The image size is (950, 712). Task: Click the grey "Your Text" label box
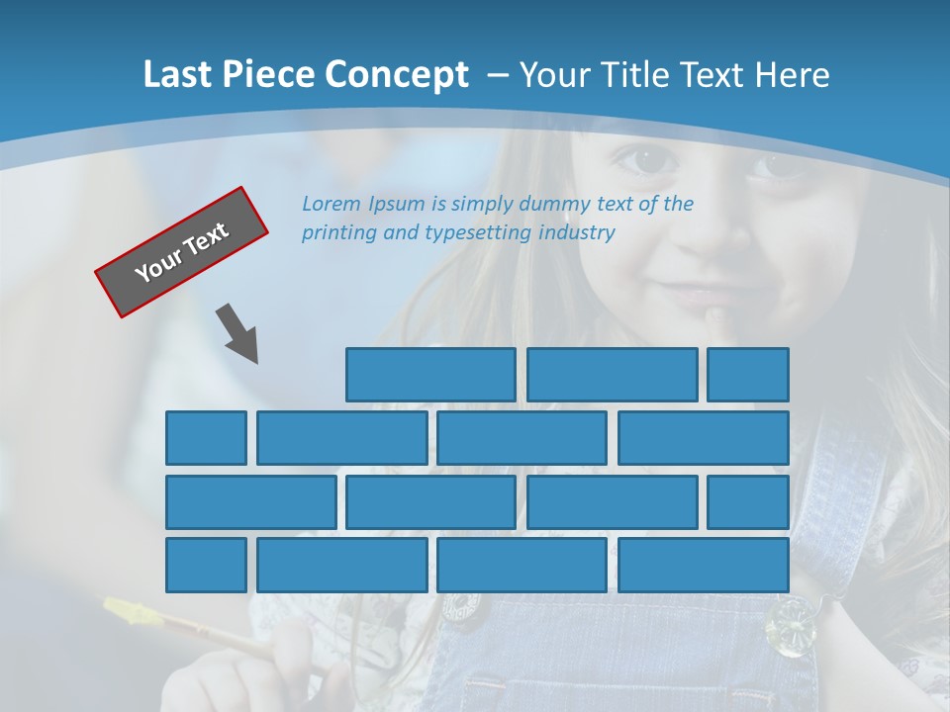(x=182, y=252)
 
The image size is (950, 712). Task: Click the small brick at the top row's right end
(x=748, y=375)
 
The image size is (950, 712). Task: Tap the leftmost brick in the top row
(x=430, y=375)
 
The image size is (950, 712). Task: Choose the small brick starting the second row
(x=206, y=438)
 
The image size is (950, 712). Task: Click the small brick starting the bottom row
(x=206, y=566)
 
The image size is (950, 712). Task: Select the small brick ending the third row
(x=748, y=502)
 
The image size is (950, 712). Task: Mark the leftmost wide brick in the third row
(x=251, y=502)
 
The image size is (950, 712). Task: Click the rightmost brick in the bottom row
(x=704, y=566)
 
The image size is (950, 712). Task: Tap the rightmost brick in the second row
(x=704, y=438)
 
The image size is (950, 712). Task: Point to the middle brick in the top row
(x=612, y=375)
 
